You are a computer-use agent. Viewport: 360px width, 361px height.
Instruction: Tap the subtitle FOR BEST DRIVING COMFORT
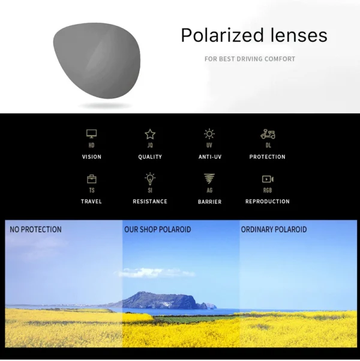[x=250, y=59]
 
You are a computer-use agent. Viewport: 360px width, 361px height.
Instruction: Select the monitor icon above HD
[x=91, y=134]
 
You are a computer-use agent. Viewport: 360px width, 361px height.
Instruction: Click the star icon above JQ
[x=150, y=134]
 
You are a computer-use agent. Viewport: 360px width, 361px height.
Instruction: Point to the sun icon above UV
[x=209, y=134]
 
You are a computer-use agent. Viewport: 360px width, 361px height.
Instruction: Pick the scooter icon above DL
[x=268, y=134]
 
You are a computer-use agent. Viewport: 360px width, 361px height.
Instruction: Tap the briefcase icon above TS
[x=91, y=179]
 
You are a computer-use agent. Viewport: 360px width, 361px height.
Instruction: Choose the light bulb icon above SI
[x=150, y=179]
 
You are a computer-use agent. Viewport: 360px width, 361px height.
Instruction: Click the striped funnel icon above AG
[x=209, y=179]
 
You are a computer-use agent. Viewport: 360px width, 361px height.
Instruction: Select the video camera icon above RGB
[x=268, y=179]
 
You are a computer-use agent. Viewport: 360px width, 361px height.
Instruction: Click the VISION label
[x=91, y=157]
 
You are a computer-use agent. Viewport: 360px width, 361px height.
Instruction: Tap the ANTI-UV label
[x=209, y=157]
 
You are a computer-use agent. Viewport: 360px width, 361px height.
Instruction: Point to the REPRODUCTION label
[x=268, y=201]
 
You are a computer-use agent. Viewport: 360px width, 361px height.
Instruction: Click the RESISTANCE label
[x=150, y=201]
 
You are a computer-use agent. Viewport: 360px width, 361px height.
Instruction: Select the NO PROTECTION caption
[x=35, y=230]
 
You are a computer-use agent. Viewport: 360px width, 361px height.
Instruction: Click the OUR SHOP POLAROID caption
[x=157, y=230]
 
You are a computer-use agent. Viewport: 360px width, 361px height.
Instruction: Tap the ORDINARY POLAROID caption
[x=274, y=230]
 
